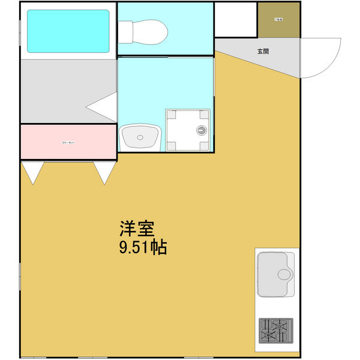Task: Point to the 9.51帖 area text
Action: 143,247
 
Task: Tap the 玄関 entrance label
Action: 263,51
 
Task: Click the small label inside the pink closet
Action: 68,143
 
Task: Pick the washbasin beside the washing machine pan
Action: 140,138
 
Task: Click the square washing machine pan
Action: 188,130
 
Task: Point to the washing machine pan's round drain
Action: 202,130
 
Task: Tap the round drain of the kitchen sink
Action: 284,275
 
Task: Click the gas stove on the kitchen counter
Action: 275,332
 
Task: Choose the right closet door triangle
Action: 104,172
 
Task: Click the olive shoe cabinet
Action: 278,20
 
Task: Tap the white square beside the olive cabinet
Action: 236,20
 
